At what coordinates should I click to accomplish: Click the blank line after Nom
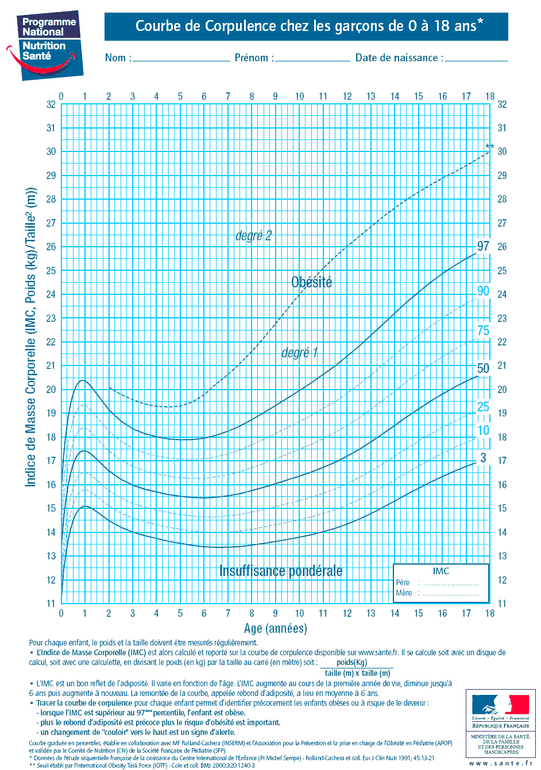[181, 59]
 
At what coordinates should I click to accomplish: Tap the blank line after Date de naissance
[476, 59]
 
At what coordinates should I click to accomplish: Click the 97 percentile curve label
[483, 246]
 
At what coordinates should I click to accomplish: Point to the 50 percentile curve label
[483, 368]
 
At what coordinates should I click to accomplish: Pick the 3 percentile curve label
[483, 458]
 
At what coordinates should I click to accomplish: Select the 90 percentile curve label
[483, 291]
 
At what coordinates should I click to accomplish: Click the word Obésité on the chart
[311, 282]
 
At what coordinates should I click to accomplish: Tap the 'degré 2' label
[253, 236]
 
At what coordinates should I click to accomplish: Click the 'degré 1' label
[299, 353]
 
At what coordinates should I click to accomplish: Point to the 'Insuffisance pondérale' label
[281, 571]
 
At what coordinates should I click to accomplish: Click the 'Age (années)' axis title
[275, 629]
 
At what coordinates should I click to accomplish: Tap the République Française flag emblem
[500, 705]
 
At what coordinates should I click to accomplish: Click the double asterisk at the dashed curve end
[489, 147]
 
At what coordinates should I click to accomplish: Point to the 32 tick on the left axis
[51, 104]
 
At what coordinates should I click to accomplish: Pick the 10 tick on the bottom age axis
[299, 613]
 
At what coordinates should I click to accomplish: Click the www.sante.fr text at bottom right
[500, 763]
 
